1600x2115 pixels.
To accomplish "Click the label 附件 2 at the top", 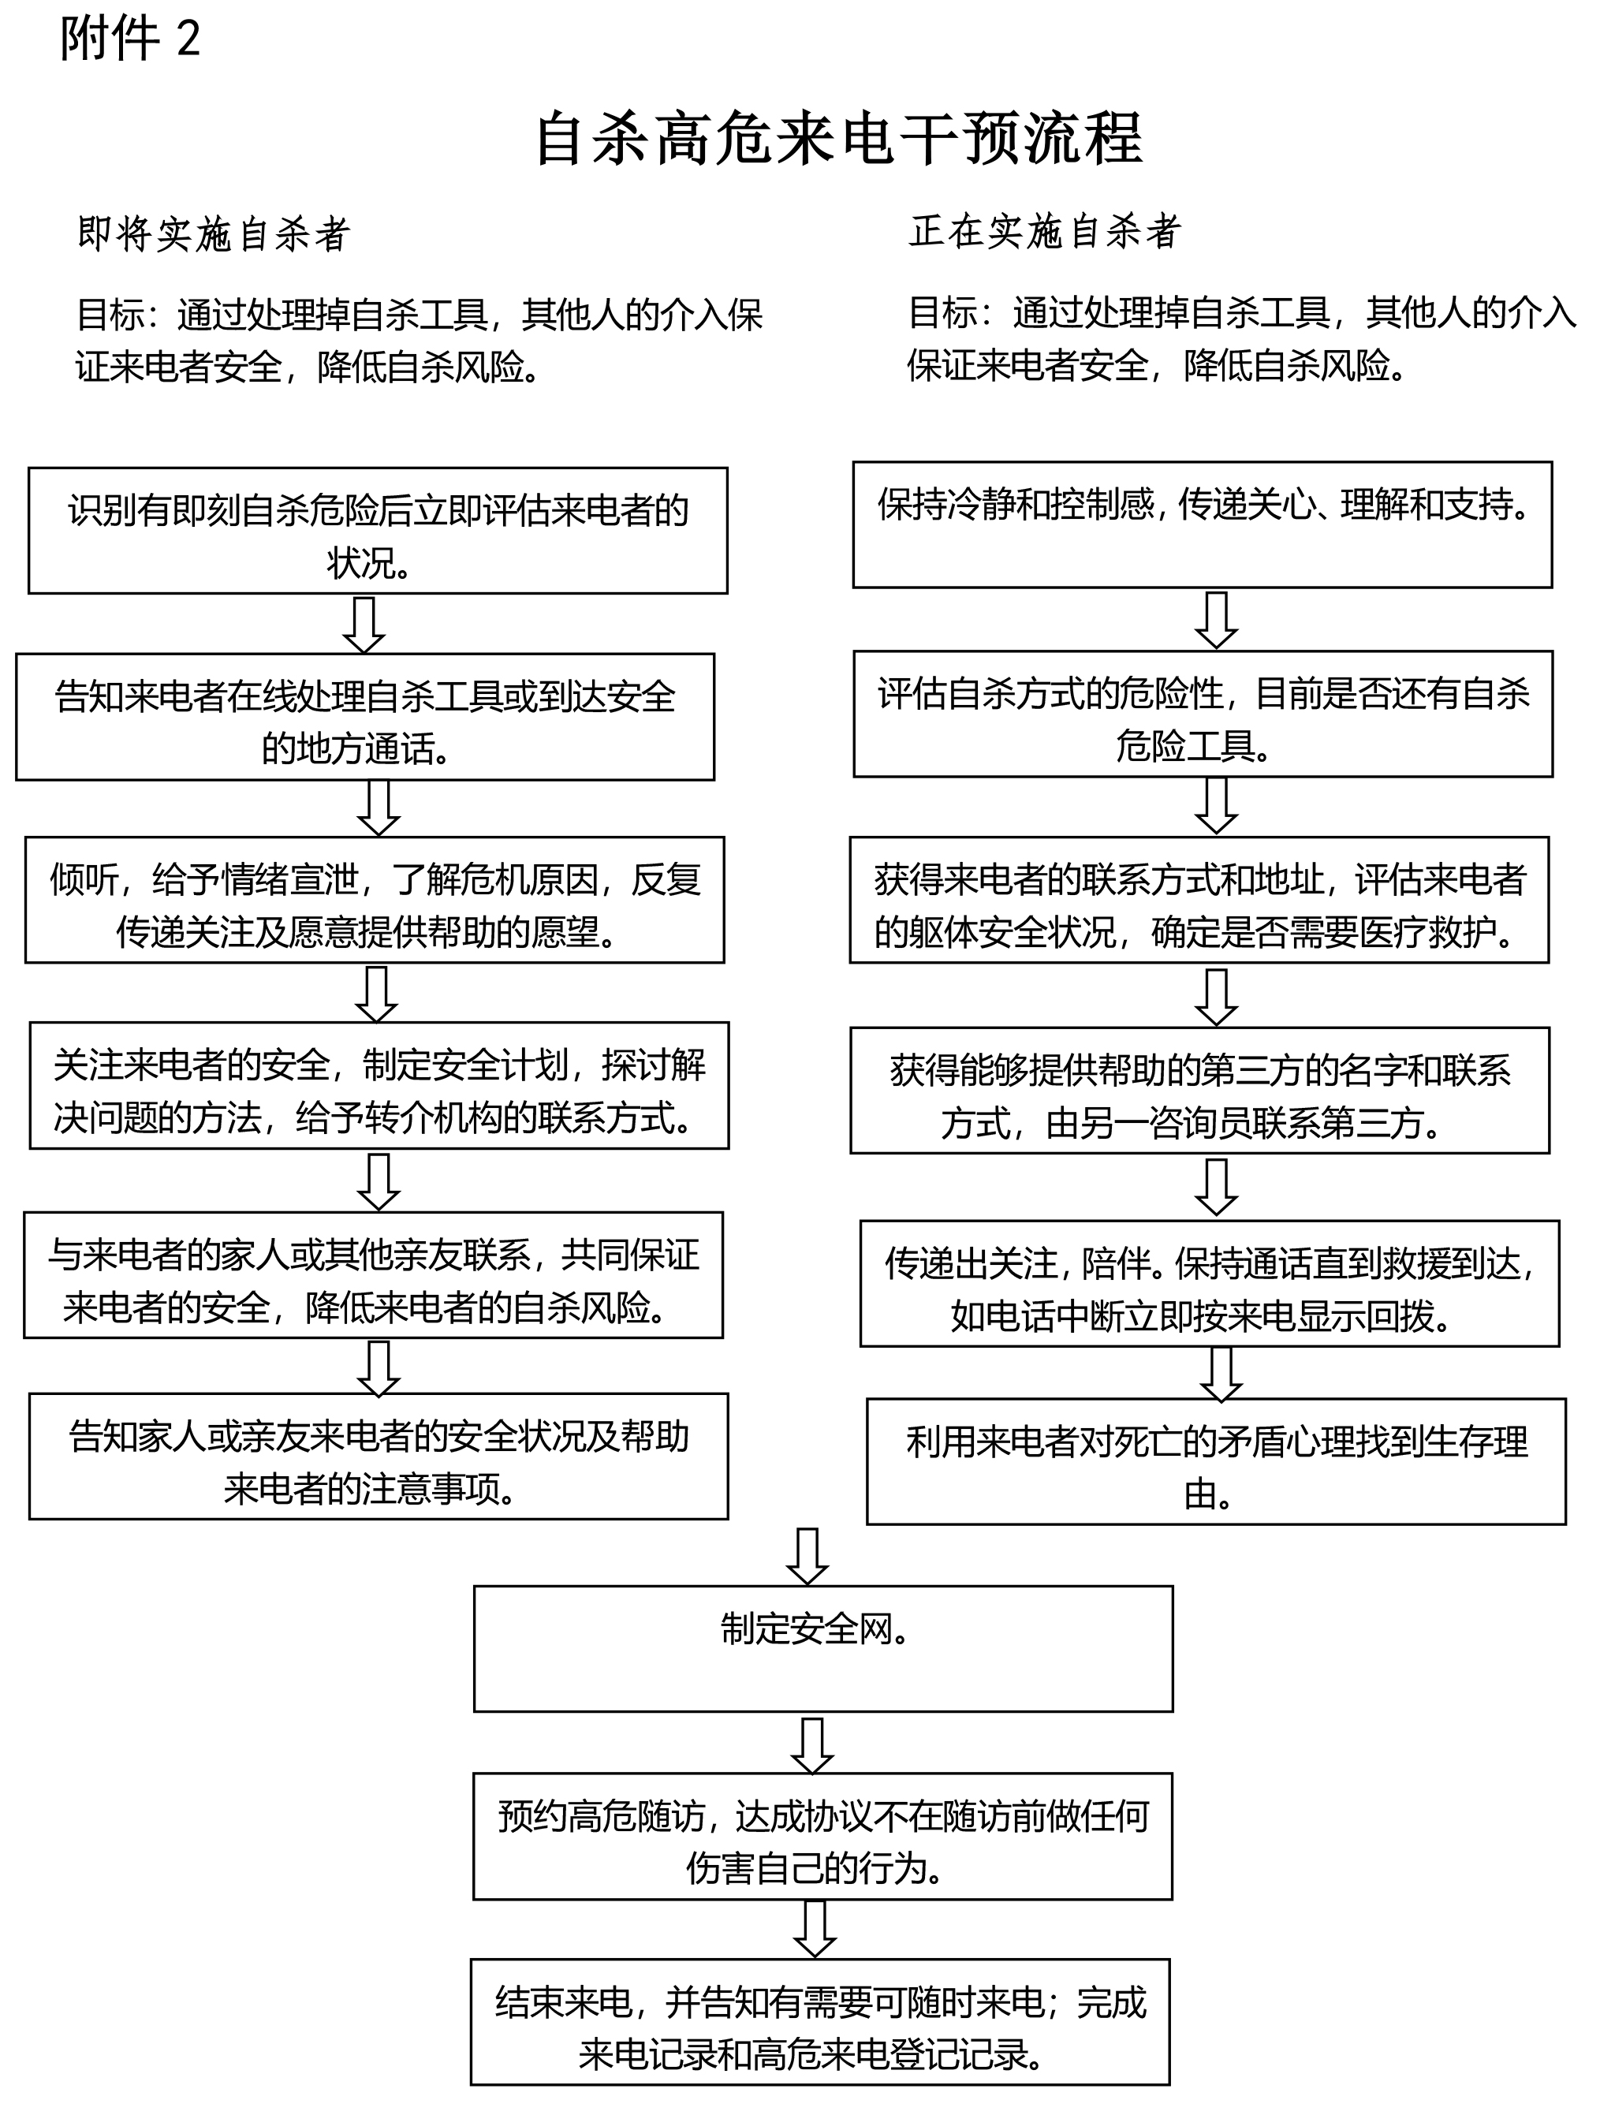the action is [130, 39].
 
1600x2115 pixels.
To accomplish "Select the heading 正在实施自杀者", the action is [1046, 231].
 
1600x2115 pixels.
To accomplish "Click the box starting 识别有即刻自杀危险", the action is [378, 531].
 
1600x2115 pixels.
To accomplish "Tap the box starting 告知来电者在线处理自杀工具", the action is [365, 717].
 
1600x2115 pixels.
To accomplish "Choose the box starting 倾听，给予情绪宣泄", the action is [375, 900].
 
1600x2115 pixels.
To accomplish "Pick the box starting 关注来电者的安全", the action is [379, 1085].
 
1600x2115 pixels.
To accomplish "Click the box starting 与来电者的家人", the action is [373, 1275].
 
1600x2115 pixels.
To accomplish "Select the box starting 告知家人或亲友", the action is [379, 1457].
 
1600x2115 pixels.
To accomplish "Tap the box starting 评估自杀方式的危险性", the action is [1203, 714].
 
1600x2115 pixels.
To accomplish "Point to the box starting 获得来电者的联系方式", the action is [1199, 900].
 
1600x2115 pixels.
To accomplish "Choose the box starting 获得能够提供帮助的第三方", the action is [1200, 1091].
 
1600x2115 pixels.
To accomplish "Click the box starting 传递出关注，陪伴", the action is [1210, 1283].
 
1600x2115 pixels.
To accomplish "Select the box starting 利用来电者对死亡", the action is [1217, 1462].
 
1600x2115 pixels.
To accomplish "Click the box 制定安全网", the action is [823, 1650].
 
